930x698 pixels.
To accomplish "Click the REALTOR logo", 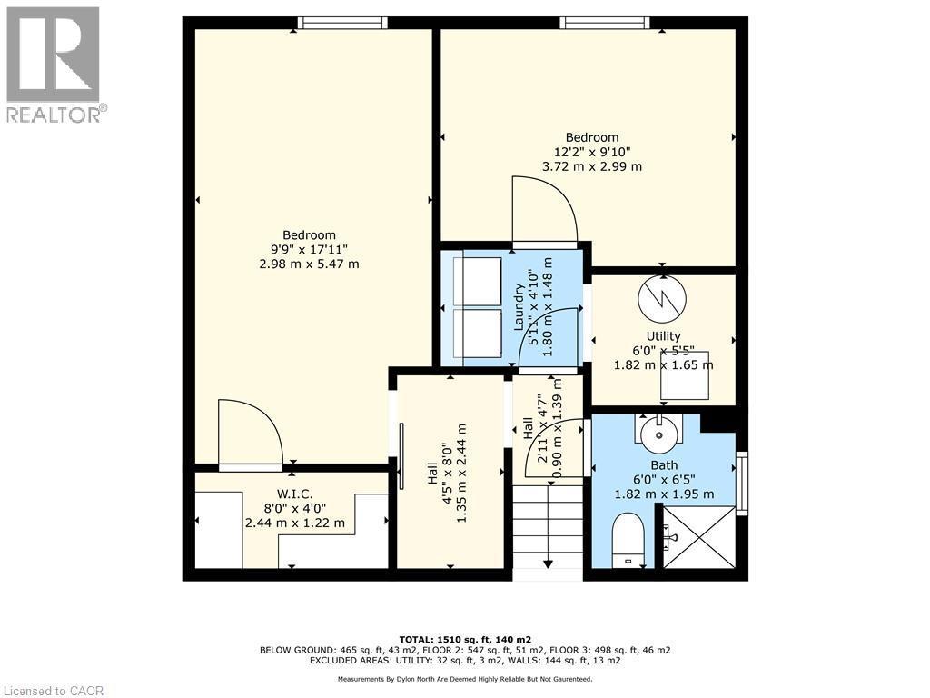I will [x=54, y=65].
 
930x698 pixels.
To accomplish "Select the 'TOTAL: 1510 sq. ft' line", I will [x=464, y=639].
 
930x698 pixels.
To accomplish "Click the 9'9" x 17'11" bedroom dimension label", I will [x=309, y=249].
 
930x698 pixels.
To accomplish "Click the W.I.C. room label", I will [x=294, y=508].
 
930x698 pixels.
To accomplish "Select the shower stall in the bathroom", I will [x=698, y=537].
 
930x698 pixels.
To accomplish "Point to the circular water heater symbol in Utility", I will [x=662, y=298].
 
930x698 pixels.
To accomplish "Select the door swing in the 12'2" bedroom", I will [x=544, y=210].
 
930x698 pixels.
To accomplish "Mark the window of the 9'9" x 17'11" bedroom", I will [x=342, y=23].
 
